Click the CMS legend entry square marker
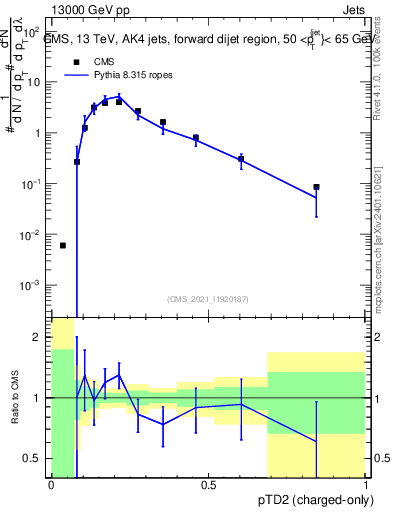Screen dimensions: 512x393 tap(72, 61)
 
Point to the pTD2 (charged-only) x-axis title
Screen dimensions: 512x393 tap(309, 499)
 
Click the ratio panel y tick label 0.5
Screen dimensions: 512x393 tap(33, 458)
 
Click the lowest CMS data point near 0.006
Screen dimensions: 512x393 tap(63, 245)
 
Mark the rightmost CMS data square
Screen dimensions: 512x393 tap(316, 187)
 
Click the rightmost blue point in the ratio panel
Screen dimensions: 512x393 tap(316, 441)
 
